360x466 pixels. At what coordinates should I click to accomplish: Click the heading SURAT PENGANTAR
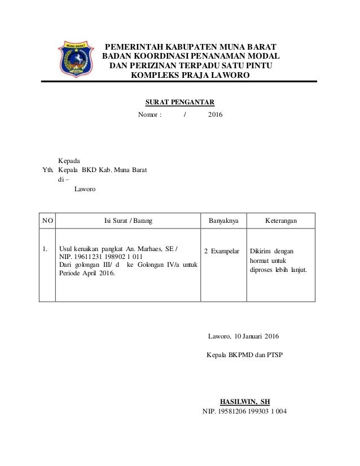(180, 102)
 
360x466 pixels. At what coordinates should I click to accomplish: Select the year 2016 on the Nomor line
(216, 116)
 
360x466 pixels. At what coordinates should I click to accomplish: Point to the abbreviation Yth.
(49, 170)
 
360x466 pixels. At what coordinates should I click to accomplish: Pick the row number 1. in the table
(45, 248)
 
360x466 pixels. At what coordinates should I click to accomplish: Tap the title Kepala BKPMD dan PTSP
(245, 356)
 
